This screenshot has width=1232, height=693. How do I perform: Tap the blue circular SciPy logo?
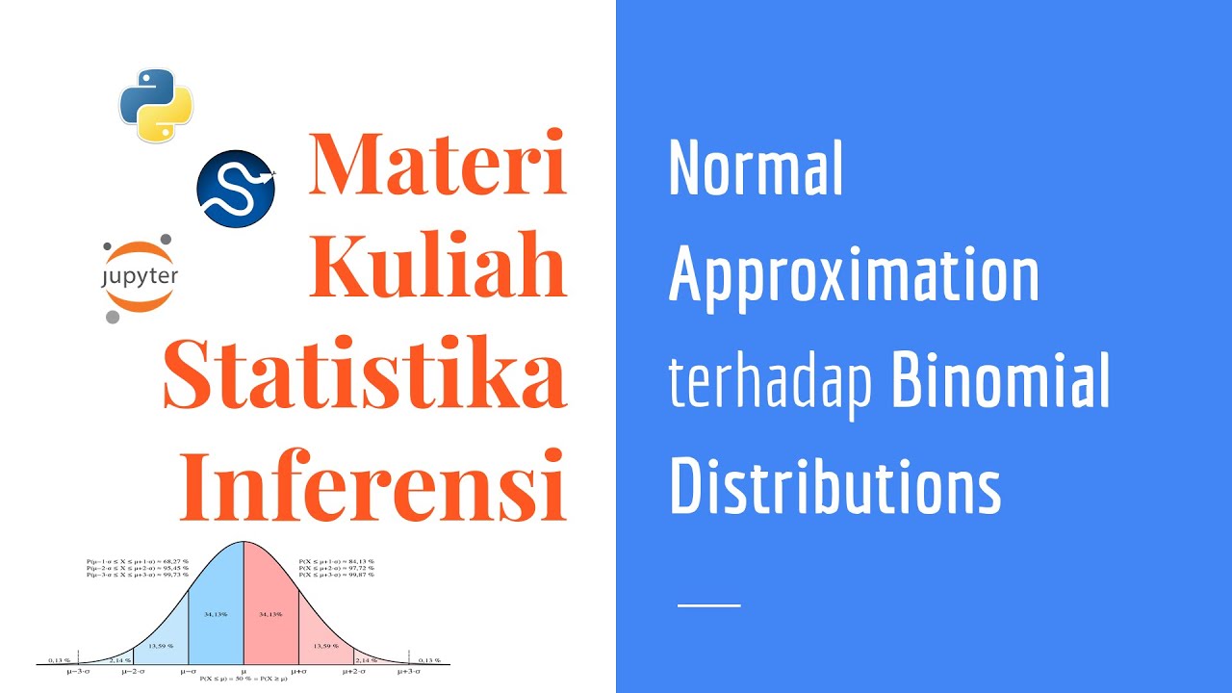[236, 189]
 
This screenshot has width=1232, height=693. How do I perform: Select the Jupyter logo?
[140, 277]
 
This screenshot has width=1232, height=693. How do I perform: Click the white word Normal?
[756, 169]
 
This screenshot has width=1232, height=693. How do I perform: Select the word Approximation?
[854, 274]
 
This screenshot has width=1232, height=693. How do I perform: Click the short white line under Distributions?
[708, 605]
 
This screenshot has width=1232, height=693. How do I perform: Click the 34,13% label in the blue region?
[216, 613]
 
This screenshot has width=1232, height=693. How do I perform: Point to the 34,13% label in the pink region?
[270, 613]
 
